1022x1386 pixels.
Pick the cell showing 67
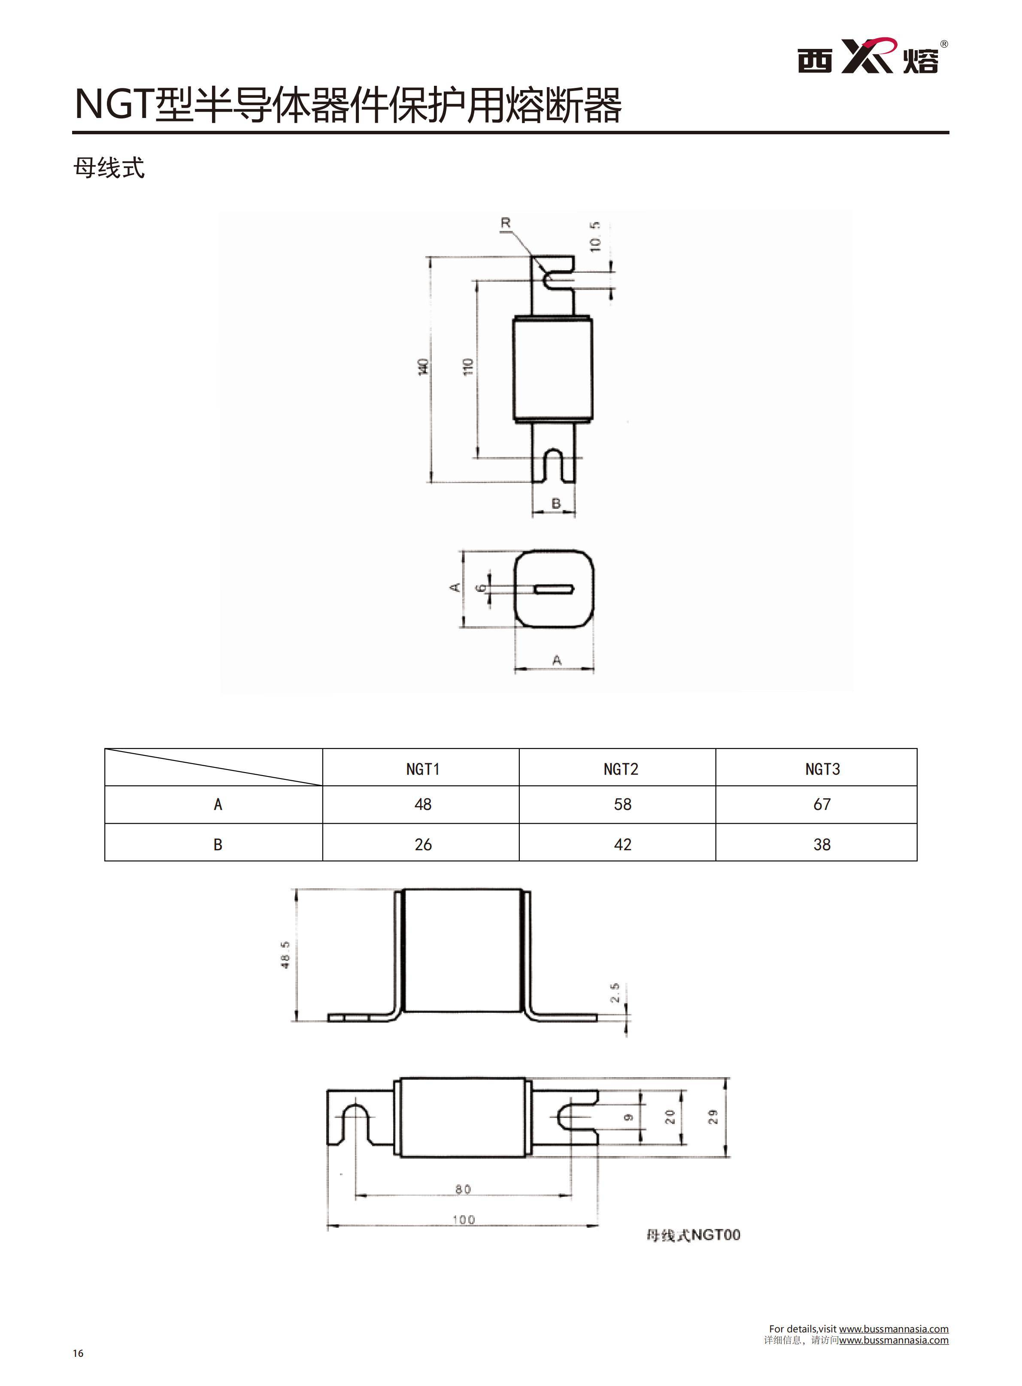click(822, 804)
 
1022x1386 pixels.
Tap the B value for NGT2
click(622, 845)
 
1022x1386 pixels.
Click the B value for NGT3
click(822, 845)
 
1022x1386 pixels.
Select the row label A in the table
click(218, 804)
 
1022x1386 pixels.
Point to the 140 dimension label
click(423, 367)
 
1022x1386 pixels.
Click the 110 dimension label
click(468, 367)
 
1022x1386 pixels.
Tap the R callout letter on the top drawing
click(506, 223)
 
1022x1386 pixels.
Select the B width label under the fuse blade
click(555, 504)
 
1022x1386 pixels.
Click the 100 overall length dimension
click(464, 1220)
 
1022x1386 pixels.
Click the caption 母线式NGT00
click(693, 1235)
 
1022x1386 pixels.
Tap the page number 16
click(78, 1353)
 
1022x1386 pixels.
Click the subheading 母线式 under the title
click(109, 168)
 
